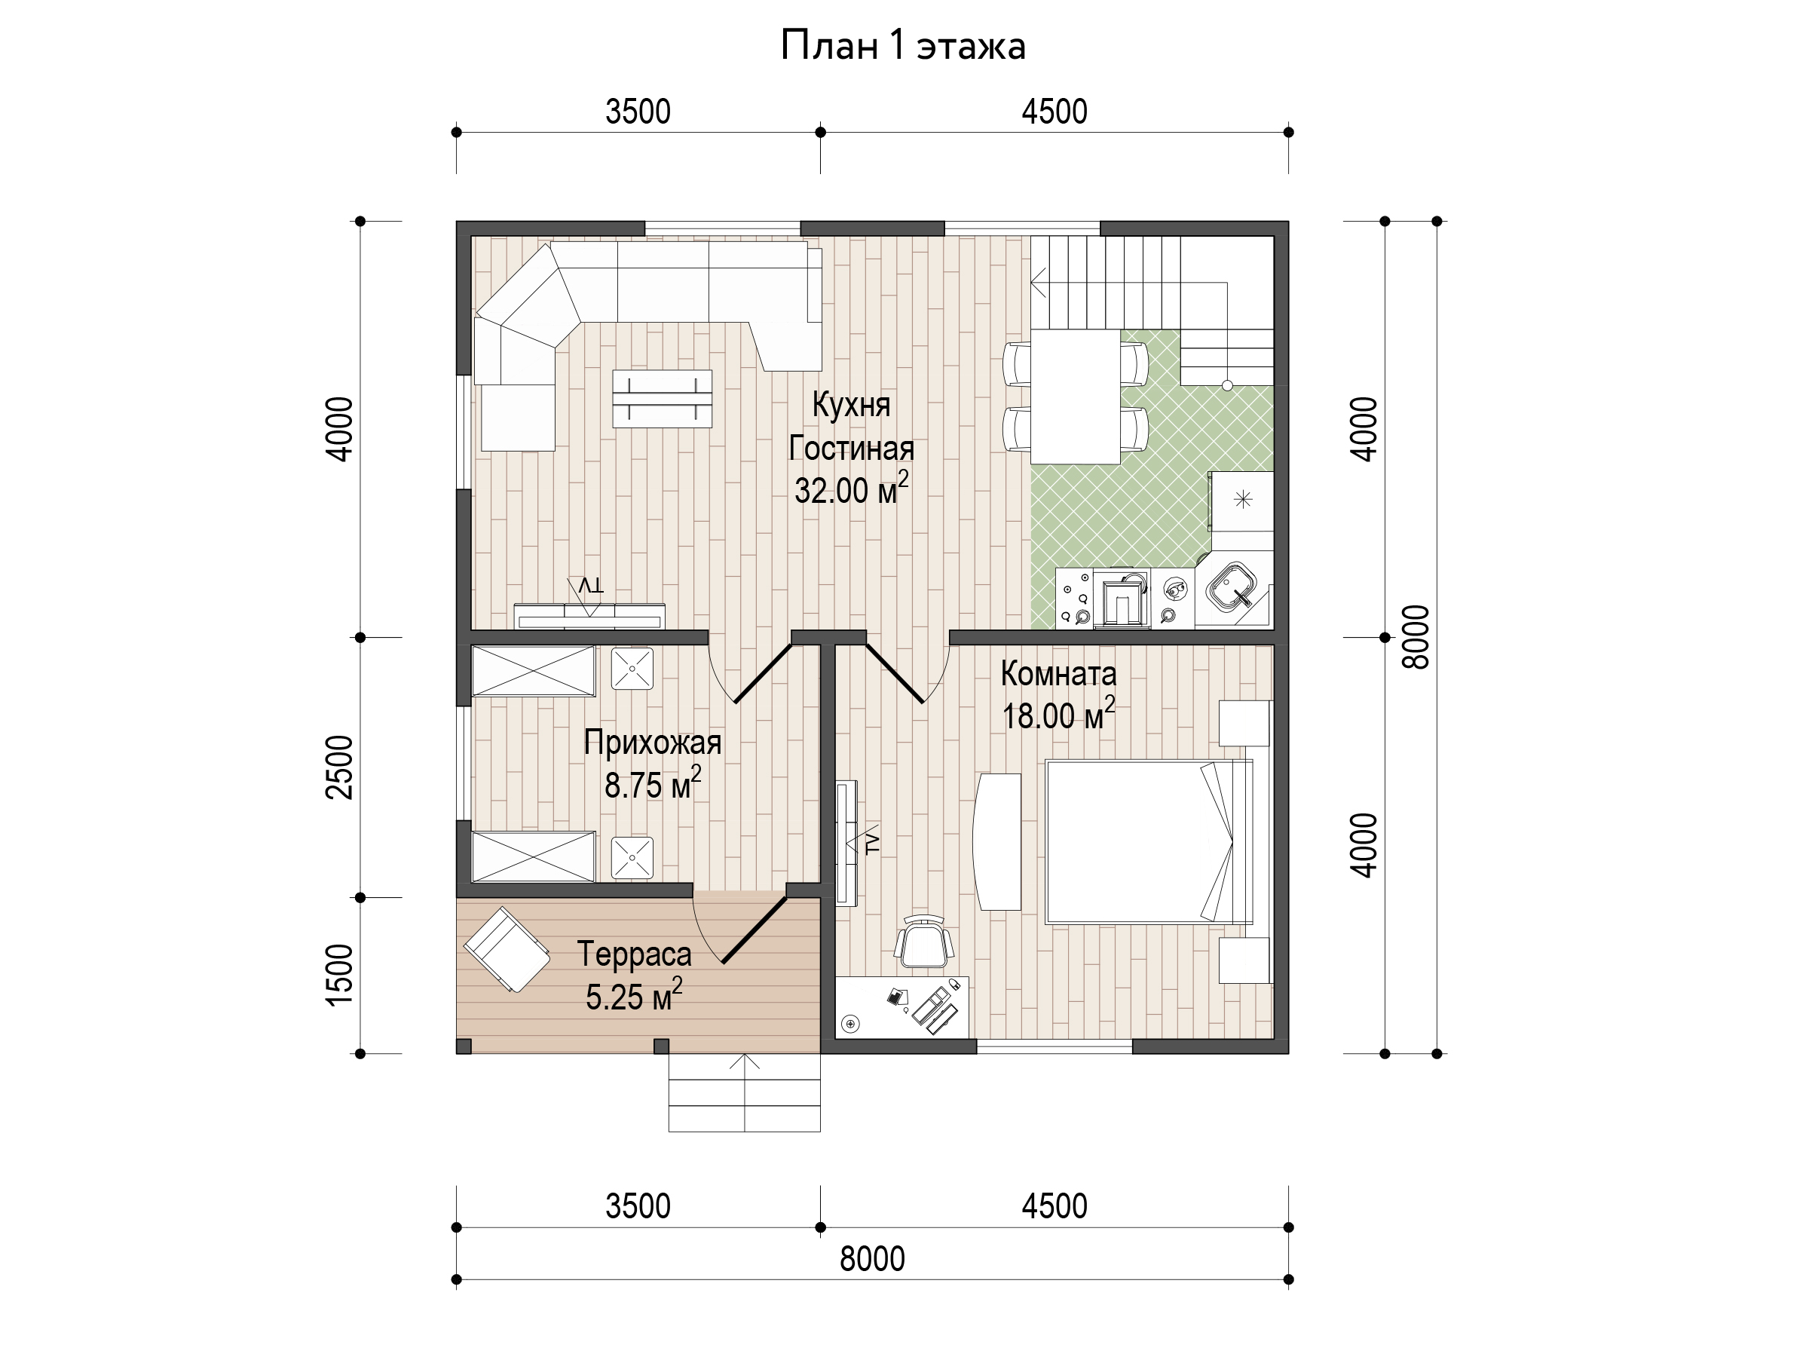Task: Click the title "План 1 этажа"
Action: click(x=903, y=45)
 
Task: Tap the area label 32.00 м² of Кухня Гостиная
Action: click(x=851, y=489)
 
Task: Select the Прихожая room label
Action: click(x=653, y=743)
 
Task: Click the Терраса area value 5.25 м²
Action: click(x=634, y=994)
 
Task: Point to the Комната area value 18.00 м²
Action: click(x=1058, y=714)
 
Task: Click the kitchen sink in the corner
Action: click(x=1232, y=586)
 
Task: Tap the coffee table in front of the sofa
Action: click(x=663, y=398)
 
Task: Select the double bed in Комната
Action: click(x=1149, y=841)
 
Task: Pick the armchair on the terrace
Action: click(x=507, y=951)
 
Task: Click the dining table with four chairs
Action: click(x=1076, y=397)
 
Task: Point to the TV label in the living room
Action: click(x=591, y=586)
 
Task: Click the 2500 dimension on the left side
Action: click(x=339, y=767)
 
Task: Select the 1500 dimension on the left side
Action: click(x=339, y=974)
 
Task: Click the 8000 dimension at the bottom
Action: click(x=873, y=1259)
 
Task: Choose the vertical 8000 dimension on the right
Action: click(x=1416, y=637)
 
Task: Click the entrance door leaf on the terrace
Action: click(x=755, y=930)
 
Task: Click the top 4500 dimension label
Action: click(x=1054, y=112)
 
